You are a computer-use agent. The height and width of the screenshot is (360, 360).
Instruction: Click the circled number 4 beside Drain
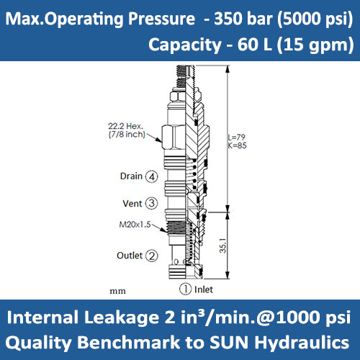click(x=151, y=176)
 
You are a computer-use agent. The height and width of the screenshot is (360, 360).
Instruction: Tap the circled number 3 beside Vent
click(x=151, y=203)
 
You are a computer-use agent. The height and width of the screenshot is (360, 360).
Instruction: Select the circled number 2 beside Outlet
click(x=152, y=256)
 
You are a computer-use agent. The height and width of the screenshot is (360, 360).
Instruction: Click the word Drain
click(x=130, y=176)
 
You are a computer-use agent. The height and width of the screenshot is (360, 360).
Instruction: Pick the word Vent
click(x=132, y=203)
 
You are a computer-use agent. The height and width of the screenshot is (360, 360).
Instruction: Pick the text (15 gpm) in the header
click(x=320, y=45)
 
